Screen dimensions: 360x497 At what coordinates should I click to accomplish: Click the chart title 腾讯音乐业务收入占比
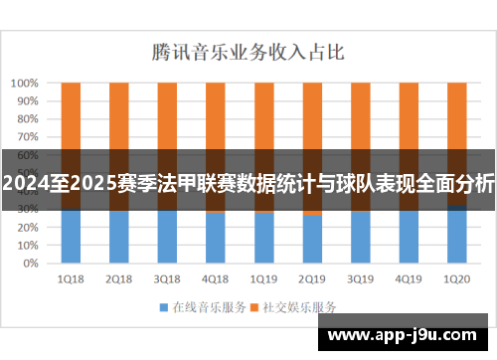pos(248,49)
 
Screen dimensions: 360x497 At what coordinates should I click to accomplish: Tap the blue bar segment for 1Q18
pos(71,239)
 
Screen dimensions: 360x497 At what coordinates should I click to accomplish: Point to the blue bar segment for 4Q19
pos(409,239)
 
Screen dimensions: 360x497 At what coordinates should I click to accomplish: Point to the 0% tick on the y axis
pos(30,264)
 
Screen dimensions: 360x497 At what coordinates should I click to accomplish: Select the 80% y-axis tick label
pos(27,119)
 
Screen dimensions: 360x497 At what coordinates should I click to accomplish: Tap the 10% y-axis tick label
pos(27,246)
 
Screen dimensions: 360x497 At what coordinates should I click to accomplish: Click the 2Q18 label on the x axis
pos(119,279)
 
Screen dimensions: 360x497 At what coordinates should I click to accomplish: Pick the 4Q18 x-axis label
pos(216,279)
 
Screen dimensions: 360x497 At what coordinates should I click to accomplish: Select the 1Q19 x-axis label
pos(263,279)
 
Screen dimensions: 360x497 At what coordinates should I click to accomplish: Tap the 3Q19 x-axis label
pos(360,279)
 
